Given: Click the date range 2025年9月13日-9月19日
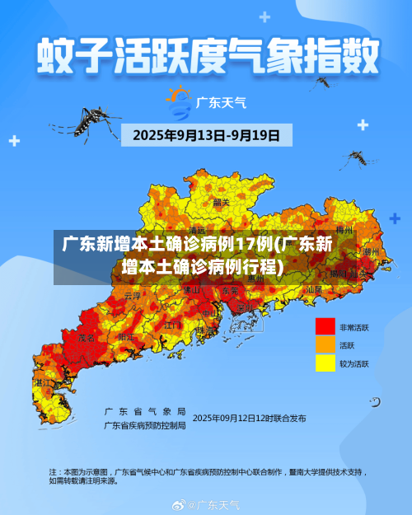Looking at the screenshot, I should (x=206, y=134).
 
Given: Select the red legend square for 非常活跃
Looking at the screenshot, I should (x=325, y=327).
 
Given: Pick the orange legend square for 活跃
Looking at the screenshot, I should (x=325, y=345).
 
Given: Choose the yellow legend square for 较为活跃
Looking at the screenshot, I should (x=325, y=363).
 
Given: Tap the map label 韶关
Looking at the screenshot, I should (x=221, y=201).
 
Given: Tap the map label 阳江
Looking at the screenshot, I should (x=125, y=338).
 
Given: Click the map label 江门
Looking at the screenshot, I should (x=173, y=326).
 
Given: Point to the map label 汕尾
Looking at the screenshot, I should (x=314, y=289).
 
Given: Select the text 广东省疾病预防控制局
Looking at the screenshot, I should (x=144, y=425).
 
